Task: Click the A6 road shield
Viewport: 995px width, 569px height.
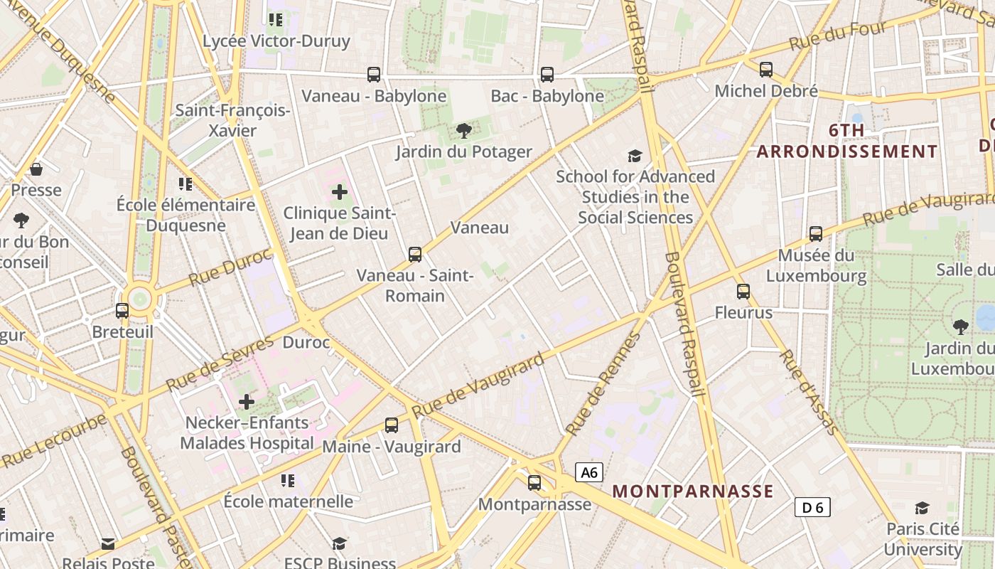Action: click(589, 472)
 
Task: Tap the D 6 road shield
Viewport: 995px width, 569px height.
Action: click(812, 507)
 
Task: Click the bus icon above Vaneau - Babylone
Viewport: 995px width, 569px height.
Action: click(374, 74)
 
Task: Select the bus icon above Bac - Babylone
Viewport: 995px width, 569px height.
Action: click(547, 74)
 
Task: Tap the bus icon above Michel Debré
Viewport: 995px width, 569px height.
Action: click(766, 70)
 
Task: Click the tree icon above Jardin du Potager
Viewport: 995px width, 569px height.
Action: click(464, 130)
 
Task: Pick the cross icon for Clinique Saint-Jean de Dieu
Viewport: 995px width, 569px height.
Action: click(340, 191)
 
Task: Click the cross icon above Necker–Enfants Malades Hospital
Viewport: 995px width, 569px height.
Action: click(247, 402)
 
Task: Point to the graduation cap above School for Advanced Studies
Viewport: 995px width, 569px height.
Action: click(635, 156)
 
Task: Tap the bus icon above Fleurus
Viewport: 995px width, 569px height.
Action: click(743, 292)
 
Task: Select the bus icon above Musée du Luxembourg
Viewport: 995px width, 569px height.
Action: click(816, 234)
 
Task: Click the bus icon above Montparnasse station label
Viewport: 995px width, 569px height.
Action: click(534, 483)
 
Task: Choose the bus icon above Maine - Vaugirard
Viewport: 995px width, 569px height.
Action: click(392, 425)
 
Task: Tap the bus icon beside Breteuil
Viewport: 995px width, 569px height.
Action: click(122, 311)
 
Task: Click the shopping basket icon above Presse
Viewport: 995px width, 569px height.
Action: click(36, 169)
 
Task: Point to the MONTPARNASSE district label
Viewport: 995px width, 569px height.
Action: click(693, 491)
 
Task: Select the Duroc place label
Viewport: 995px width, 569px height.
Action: click(306, 343)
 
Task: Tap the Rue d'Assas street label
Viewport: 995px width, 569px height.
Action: click(809, 391)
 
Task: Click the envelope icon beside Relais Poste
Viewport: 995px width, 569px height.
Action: click(108, 544)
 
